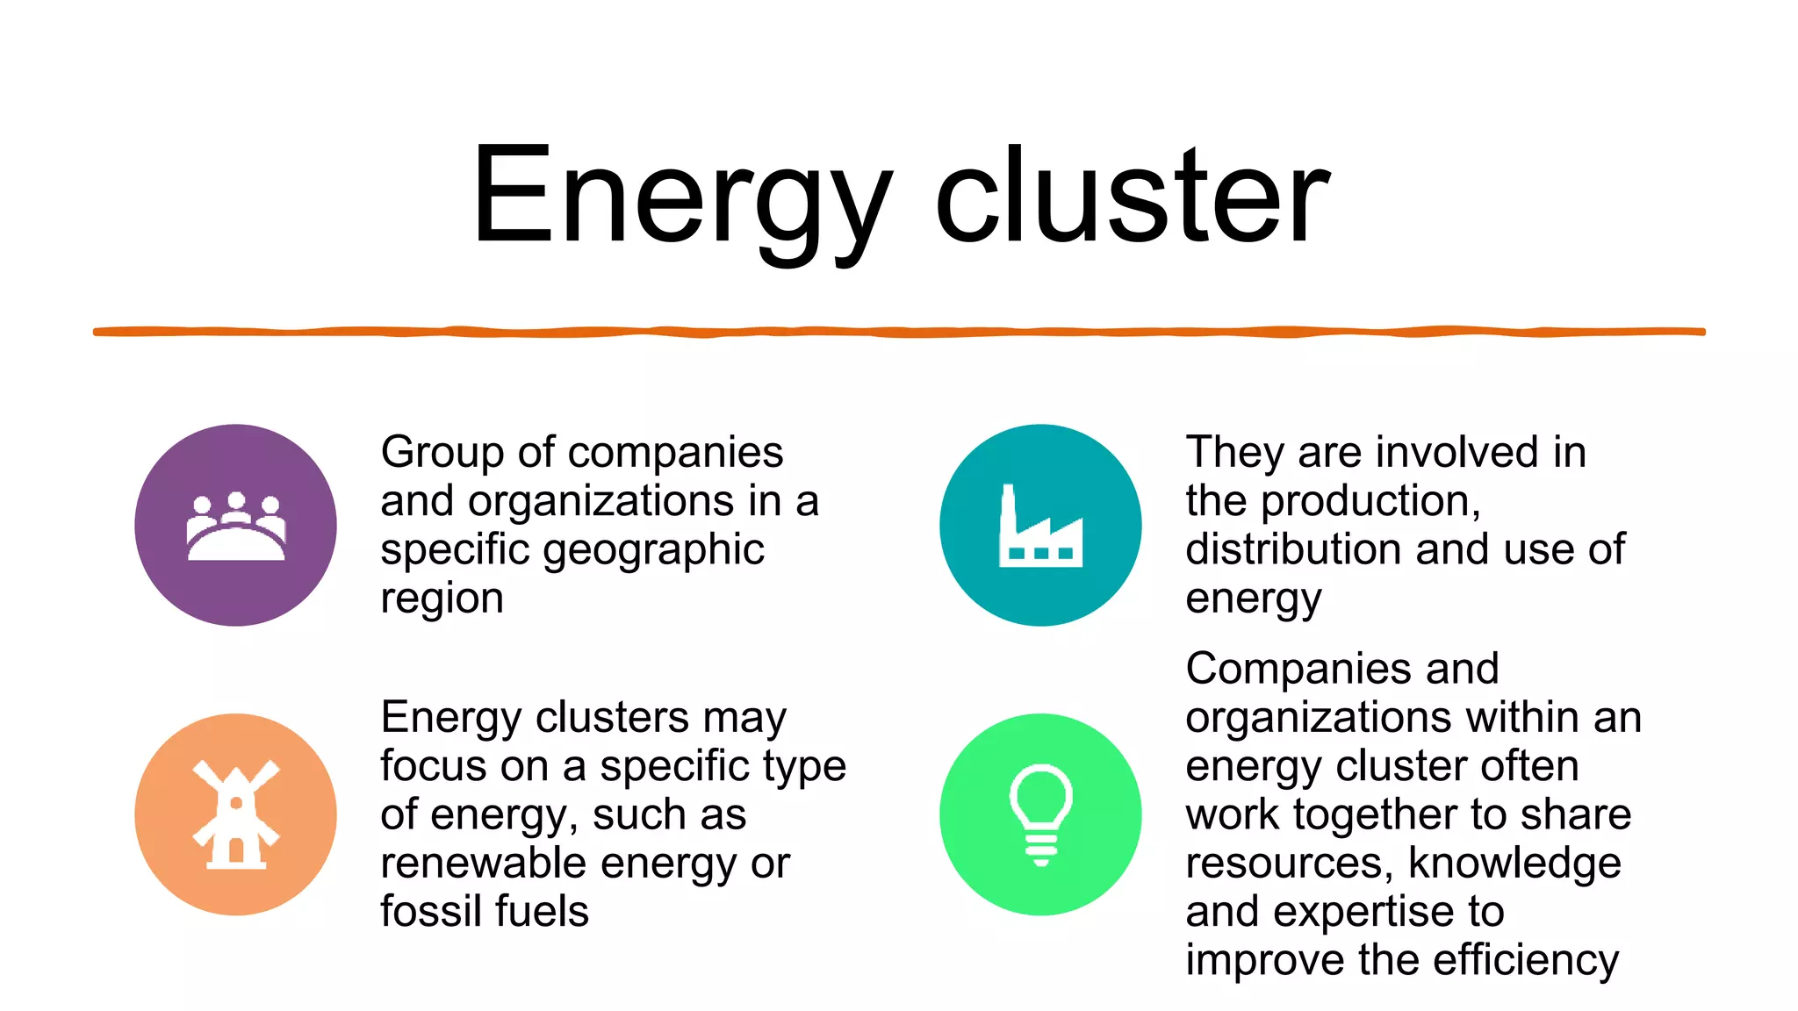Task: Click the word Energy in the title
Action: point(680,197)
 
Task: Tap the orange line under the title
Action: point(899,332)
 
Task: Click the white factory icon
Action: point(1040,527)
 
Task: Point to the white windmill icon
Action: point(235,815)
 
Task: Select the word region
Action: point(442,599)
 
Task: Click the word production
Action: point(1370,501)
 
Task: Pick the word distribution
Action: point(1294,549)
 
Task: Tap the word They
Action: point(1234,453)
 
